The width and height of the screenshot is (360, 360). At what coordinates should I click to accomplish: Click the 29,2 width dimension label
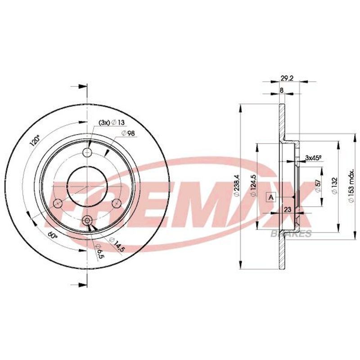[287, 78]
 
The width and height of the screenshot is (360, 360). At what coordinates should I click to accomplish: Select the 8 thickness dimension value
[282, 90]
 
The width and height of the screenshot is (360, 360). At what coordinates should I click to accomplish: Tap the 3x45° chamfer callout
[313, 158]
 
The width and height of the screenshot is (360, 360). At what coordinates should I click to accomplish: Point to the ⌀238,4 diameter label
[237, 186]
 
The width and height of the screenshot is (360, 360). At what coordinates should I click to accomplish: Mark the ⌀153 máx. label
[351, 186]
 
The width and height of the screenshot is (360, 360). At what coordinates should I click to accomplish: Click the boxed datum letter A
[271, 197]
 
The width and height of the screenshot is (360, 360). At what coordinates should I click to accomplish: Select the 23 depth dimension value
[288, 209]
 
